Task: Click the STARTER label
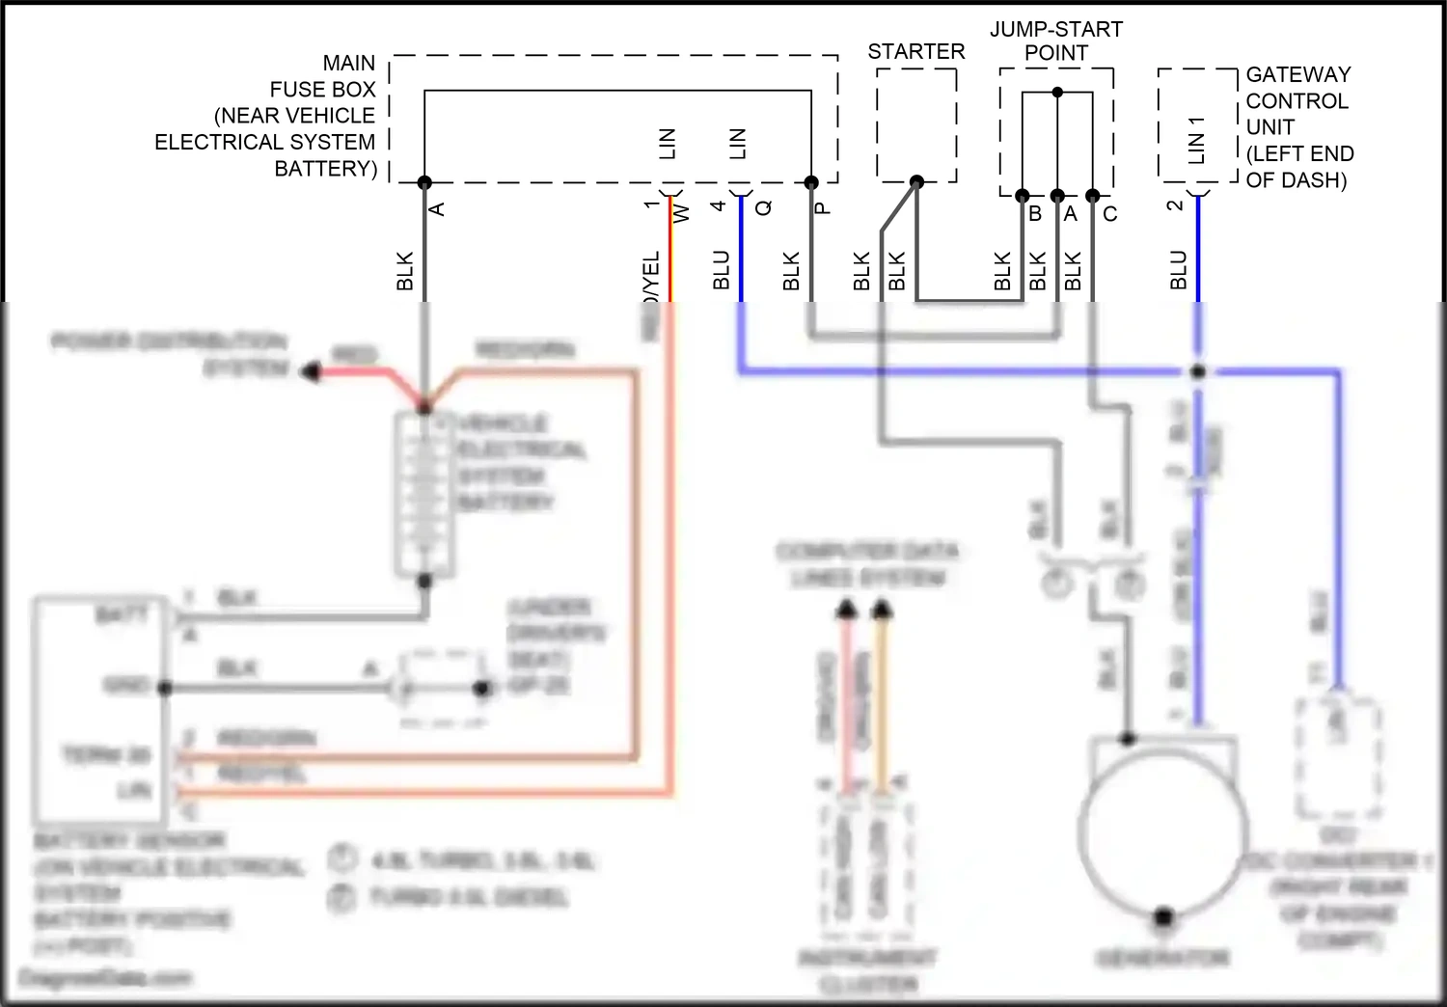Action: click(915, 52)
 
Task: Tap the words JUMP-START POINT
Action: click(1056, 41)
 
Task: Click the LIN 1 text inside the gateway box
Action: click(1196, 140)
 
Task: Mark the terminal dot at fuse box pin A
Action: click(424, 182)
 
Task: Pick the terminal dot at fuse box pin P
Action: click(811, 182)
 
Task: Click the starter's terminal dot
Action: click(916, 182)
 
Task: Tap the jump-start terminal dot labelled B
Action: click(1023, 196)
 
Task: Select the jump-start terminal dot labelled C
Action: click(1092, 196)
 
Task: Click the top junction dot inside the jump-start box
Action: click(1057, 93)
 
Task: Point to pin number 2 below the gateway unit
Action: click(1174, 205)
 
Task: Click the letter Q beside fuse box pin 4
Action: click(764, 207)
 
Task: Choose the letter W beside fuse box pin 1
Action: click(681, 212)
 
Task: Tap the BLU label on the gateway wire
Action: click(1178, 270)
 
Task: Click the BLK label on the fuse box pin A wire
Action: click(405, 271)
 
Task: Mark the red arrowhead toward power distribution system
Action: click(310, 370)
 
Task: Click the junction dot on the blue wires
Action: click(1198, 371)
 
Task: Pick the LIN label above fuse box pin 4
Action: click(738, 144)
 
